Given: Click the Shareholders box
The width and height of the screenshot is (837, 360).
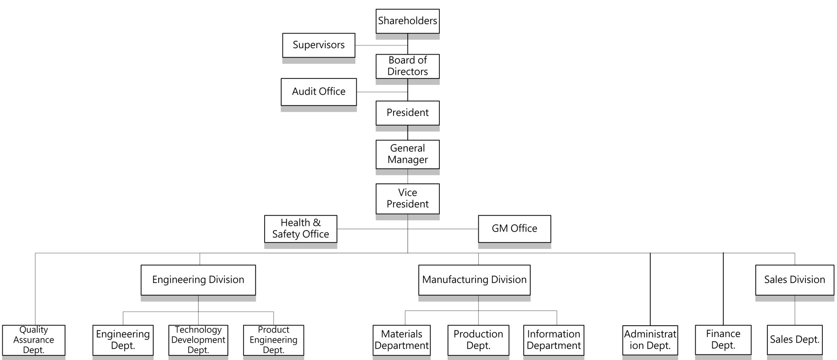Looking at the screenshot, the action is [x=407, y=21].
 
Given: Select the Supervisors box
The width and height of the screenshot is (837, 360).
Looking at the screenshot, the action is [x=319, y=45].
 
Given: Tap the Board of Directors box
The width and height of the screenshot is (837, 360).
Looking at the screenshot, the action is [x=407, y=66].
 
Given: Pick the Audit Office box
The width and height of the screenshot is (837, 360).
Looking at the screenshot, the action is [x=319, y=92].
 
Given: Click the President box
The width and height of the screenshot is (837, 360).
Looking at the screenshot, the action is [x=407, y=113].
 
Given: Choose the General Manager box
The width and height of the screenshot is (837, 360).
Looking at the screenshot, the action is [x=407, y=154].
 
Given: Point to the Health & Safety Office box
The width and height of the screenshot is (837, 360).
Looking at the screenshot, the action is [x=301, y=229].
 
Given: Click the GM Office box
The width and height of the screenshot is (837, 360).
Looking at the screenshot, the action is [x=515, y=229].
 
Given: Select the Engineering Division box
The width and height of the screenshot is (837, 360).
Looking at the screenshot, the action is [x=198, y=280].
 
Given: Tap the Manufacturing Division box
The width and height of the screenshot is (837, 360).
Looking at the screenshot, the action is [x=474, y=280].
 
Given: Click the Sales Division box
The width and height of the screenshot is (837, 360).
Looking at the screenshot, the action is [x=795, y=280].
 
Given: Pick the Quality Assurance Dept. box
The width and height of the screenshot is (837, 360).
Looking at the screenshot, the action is [x=33, y=340].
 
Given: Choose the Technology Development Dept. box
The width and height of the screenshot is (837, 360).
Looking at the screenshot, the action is [x=198, y=340].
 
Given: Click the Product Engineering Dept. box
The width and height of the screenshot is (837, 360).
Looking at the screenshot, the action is [x=273, y=340].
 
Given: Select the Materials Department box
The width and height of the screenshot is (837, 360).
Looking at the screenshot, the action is [x=402, y=340].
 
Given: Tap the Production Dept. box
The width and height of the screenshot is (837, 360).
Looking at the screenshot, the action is [x=478, y=340].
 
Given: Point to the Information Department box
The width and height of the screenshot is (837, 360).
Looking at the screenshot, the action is [x=554, y=340].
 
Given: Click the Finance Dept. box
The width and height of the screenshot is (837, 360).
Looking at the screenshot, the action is [x=723, y=340].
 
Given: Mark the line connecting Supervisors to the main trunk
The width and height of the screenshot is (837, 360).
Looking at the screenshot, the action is [x=382, y=45].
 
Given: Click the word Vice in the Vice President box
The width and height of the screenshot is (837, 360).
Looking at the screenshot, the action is [x=407, y=193].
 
